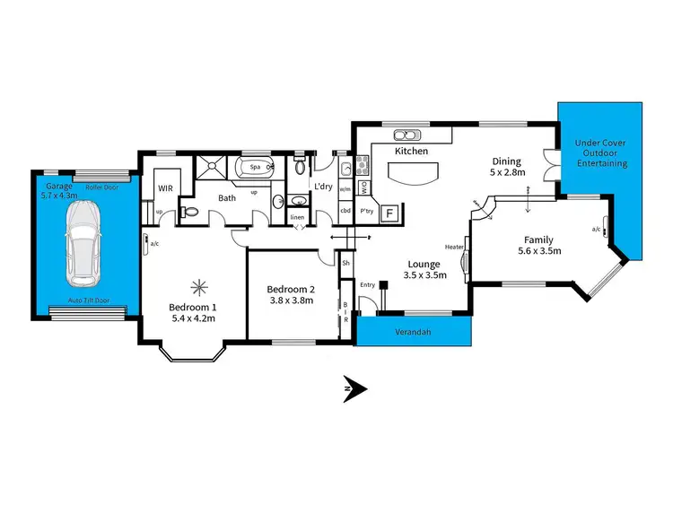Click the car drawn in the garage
pos(83,239)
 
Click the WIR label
pos(166,189)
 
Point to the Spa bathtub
pos(254,167)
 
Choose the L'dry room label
pos(323,186)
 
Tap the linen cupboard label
pos(297,216)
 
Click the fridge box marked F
pos(389,213)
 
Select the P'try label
pos(366,212)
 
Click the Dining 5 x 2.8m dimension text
pos(508,170)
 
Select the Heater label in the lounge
pos(453,246)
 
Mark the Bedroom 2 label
pos(292,289)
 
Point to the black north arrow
pos(356,388)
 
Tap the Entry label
pos(367,284)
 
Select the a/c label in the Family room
pos(596,230)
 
